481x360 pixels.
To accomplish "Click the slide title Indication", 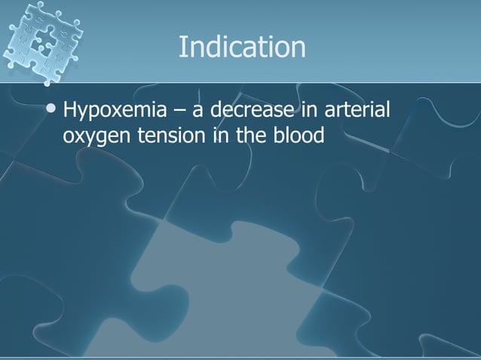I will [x=242, y=47].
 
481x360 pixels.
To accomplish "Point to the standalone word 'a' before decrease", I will [x=199, y=114].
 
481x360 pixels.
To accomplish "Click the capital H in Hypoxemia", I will [x=71, y=113].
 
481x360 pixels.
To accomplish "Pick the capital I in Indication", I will [x=182, y=47].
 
